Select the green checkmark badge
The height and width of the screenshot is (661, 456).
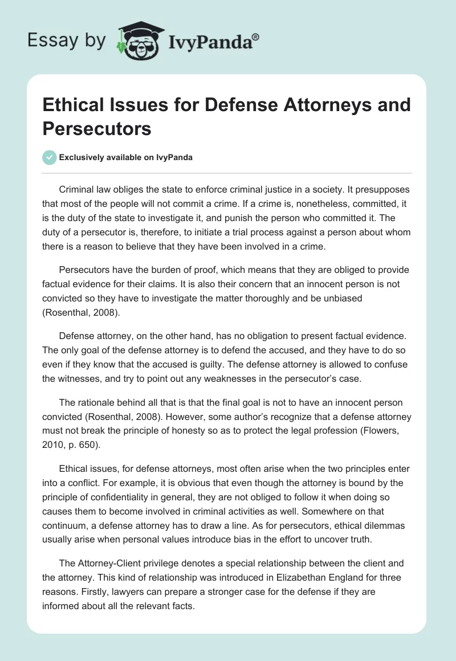pyautogui.click(x=49, y=157)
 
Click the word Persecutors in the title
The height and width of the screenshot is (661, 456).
pyautogui.click(x=96, y=129)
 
